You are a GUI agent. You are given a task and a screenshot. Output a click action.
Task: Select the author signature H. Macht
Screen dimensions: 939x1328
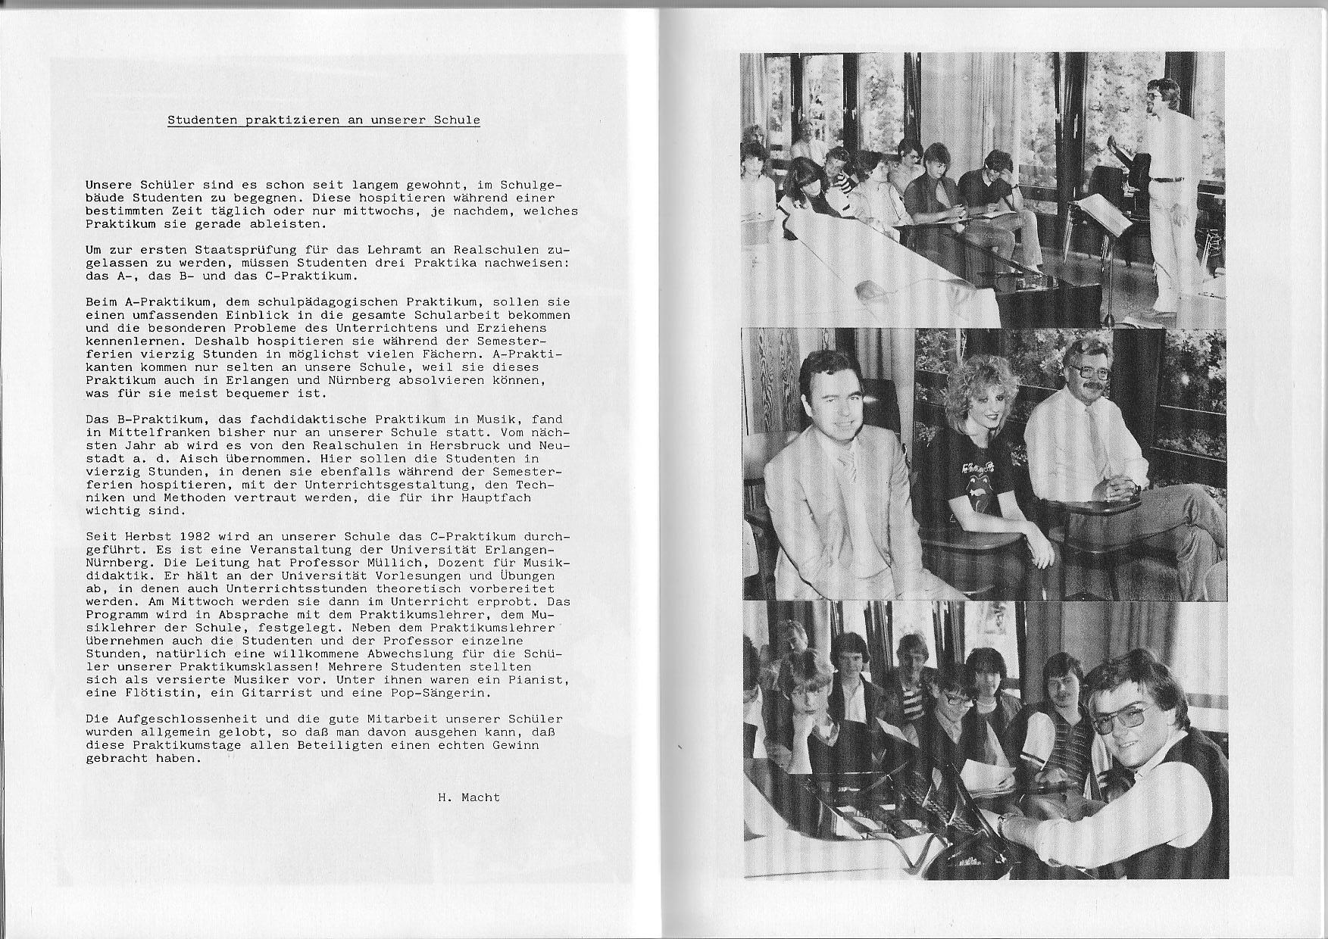pyautogui.click(x=468, y=797)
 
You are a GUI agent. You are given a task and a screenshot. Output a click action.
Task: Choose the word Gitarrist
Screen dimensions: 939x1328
pyautogui.click(x=287, y=693)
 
